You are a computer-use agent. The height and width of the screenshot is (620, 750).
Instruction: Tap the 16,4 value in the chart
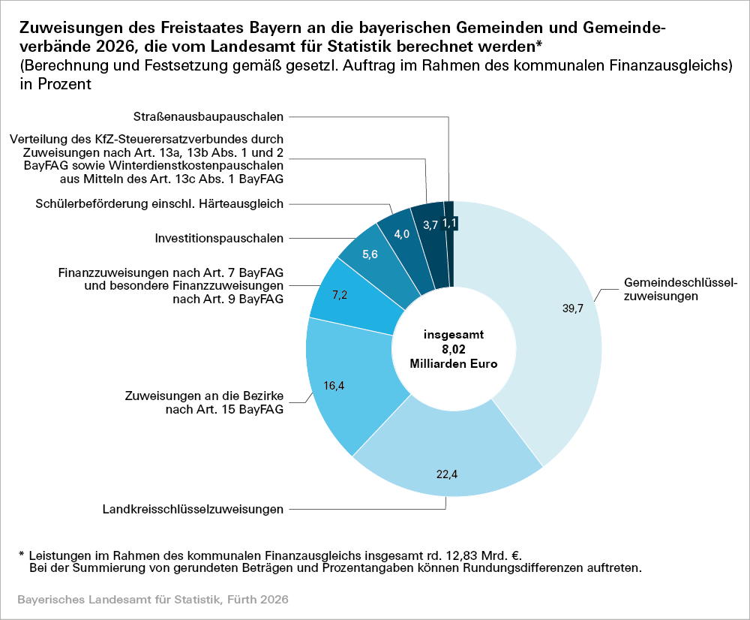point(334,386)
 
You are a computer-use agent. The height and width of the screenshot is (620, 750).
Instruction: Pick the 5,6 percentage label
point(370,254)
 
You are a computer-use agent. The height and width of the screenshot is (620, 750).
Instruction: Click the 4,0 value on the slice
point(401,234)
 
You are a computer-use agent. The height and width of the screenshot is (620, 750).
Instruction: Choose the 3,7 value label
point(430,225)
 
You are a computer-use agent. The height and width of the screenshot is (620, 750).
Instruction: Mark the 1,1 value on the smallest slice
point(449,223)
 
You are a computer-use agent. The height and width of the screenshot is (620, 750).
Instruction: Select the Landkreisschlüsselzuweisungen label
point(193,510)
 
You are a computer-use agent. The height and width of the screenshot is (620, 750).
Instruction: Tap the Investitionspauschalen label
point(219,239)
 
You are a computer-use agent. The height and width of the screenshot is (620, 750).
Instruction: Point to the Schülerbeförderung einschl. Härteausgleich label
point(160,203)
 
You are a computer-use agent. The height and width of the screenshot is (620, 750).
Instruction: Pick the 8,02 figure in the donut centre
point(454,349)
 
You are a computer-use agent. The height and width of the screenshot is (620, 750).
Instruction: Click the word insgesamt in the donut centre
point(454,336)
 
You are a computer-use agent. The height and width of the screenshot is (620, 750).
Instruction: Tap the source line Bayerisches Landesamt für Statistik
point(152,600)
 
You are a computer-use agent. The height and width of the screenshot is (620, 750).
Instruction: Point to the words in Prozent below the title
point(56,84)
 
